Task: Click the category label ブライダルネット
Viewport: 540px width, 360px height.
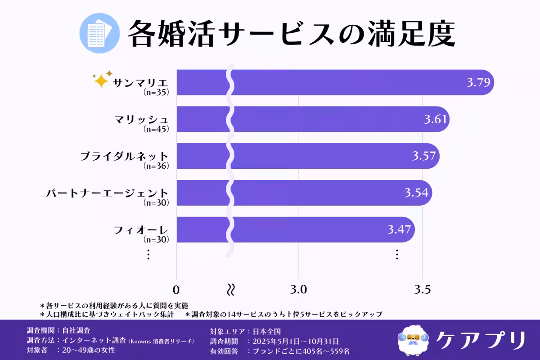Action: [124, 156]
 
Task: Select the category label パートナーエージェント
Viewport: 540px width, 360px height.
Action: [108, 193]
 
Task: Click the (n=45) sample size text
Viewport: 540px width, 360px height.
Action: [156, 129]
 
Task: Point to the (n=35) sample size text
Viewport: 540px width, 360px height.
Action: [156, 92]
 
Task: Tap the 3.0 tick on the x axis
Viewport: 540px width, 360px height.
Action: [298, 289]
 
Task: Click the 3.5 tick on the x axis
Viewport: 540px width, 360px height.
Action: [422, 289]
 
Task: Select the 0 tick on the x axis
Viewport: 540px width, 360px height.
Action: [176, 289]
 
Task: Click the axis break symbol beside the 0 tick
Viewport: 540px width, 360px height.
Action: [231, 289]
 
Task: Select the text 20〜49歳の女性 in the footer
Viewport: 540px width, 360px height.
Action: [89, 350]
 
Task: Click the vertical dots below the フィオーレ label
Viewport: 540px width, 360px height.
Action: [148, 255]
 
